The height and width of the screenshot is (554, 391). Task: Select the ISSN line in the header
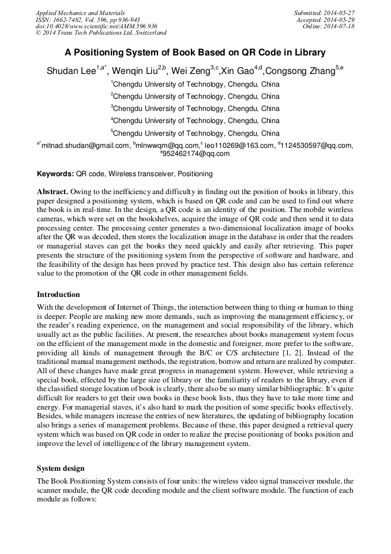[x=88, y=20]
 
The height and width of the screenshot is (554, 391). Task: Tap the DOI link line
[x=96, y=26]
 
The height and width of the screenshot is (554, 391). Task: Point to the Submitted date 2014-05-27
[x=324, y=13]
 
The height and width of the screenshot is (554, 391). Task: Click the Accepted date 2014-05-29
[x=325, y=20]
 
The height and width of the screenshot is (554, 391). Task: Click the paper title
[x=195, y=53]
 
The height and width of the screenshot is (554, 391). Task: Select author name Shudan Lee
[x=71, y=71]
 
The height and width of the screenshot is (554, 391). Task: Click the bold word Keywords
[x=55, y=174]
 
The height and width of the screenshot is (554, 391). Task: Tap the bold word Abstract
[x=52, y=191]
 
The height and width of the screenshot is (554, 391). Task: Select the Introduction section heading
[x=58, y=295]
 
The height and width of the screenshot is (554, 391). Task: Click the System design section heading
[x=61, y=469]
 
